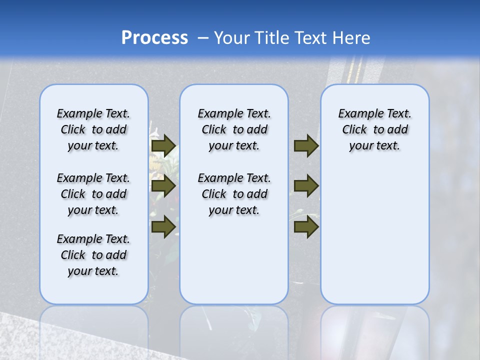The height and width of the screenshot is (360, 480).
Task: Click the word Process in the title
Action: coord(154,38)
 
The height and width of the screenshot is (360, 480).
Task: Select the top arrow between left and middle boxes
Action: coord(163,146)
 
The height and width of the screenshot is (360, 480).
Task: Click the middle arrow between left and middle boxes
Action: coord(163,186)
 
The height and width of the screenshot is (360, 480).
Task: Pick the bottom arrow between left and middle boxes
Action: coord(163,226)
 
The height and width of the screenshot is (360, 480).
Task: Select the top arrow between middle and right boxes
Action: coord(306,146)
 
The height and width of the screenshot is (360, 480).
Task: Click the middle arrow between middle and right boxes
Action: coord(306,186)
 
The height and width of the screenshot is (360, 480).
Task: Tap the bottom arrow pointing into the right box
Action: coord(306,226)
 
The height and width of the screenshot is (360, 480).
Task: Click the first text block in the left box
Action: coord(93,129)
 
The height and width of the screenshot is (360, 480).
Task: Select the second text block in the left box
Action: coord(93,194)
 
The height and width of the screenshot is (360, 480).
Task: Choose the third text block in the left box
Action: coord(93,255)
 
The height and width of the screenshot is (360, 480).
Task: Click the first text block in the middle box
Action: coord(234,129)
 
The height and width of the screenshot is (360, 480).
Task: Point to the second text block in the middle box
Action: coord(234,194)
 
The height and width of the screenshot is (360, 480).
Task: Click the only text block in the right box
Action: coord(374,129)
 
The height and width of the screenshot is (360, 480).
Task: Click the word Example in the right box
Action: coord(358,114)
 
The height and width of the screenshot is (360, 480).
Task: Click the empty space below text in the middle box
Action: coord(234,260)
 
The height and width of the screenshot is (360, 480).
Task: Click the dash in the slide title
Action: coord(203,38)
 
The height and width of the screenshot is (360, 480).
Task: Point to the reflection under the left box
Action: coord(93,325)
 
